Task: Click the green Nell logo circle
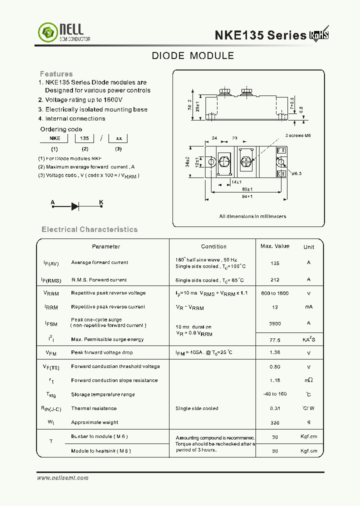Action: (48, 33)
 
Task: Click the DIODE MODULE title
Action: (192, 56)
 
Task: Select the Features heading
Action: (56, 74)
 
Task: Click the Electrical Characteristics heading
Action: (89, 229)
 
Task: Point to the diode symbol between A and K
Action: (75, 205)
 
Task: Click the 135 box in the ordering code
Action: (85, 138)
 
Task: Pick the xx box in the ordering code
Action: (118, 138)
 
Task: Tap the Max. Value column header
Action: (274, 246)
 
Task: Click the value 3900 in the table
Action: (274, 324)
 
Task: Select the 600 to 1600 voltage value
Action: (274, 293)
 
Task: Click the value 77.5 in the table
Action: (274, 339)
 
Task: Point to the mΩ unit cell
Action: (308, 380)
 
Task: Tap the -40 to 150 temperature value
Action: (274, 394)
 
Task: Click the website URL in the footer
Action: (62, 478)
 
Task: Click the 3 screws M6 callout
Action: (298, 136)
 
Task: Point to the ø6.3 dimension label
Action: (295, 173)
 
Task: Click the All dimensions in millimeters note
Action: (252, 216)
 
